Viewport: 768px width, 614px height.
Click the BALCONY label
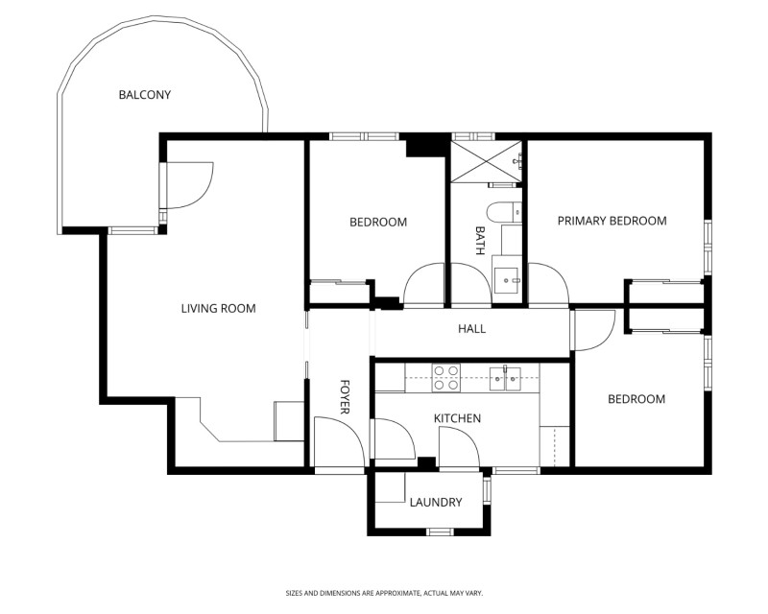[x=145, y=95]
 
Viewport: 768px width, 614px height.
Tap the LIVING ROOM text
[x=219, y=309]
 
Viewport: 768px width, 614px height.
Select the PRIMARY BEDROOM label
[x=612, y=221]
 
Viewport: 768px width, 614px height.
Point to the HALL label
[x=471, y=328]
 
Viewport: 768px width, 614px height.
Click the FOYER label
[x=345, y=396]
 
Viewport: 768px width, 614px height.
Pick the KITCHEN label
[x=458, y=418]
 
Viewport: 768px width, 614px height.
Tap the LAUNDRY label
[x=436, y=503]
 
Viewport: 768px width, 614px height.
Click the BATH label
[x=480, y=241]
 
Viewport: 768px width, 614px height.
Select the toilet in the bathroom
[x=504, y=211]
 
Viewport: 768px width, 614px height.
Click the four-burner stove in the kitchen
[x=446, y=378]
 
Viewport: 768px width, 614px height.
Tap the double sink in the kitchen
[x=505, y=378]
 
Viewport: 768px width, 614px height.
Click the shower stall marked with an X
[x=486, y=161]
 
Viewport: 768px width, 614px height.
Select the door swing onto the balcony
[x=189, y=186]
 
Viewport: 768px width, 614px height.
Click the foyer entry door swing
[x=339, y=442]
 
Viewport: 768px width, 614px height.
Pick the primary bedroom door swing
[x=548, y=284]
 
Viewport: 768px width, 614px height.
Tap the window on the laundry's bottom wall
[x=440, y=531]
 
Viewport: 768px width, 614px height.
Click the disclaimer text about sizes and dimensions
[x=385, y=594]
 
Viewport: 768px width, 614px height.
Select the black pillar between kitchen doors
[x=426, y=462]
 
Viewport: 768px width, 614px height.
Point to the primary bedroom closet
[x=666, y=293]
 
